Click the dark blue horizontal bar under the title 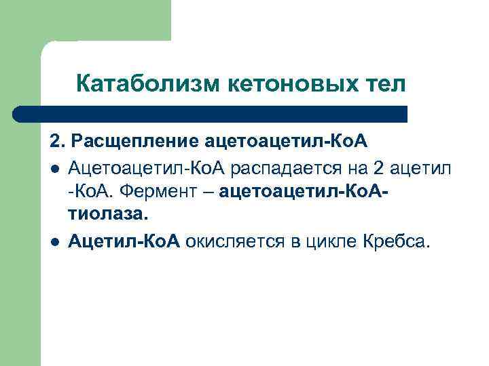[x=211, y=114]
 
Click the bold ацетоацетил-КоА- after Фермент [x=307, y=191]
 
